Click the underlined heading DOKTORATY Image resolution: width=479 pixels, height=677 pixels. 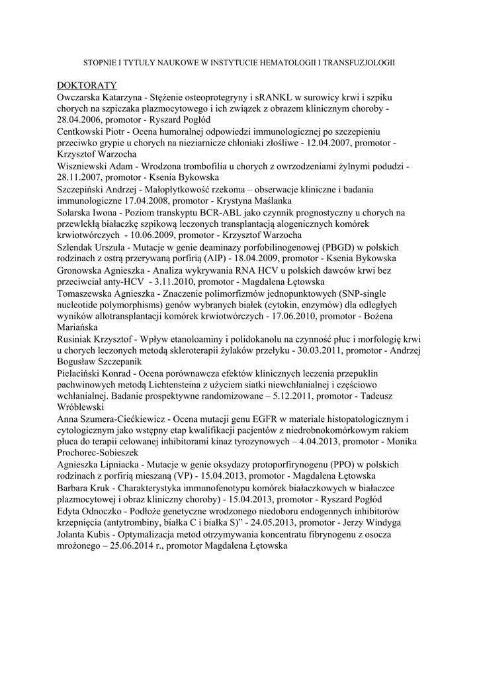point(87,85)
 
